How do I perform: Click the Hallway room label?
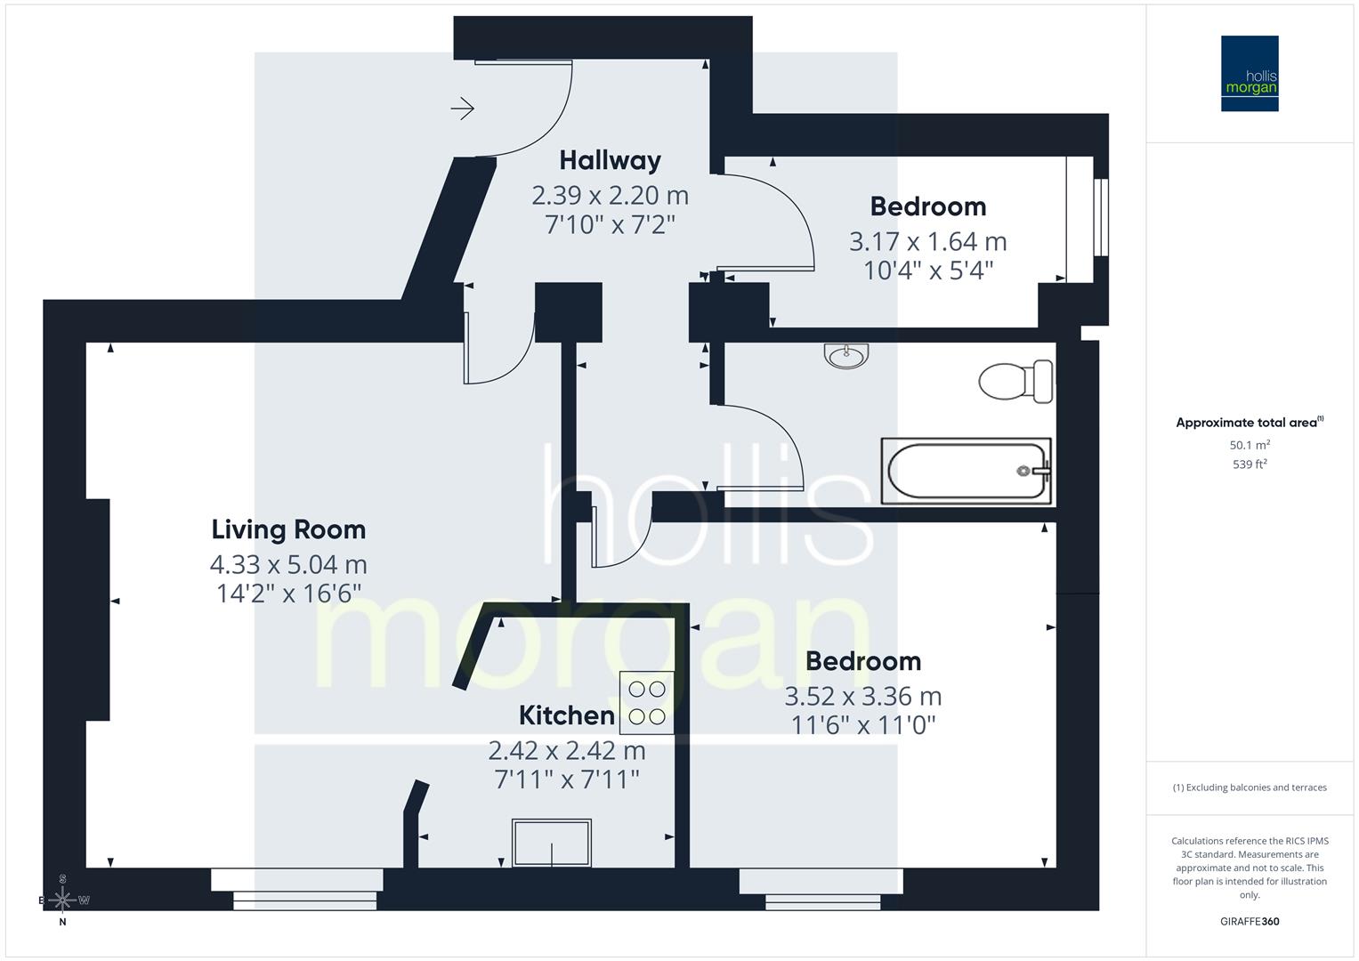[x=610, y=160]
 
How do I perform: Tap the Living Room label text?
[x=288, y=529]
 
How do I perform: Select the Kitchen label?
[x=566, y=715]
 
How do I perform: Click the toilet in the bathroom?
[x=1016, y=382]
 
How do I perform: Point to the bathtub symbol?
[x=966, y=471]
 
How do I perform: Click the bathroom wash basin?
[x=846, y=356]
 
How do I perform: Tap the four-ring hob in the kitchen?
[x=646, y=702]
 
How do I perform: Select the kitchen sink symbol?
[x=552, y=842]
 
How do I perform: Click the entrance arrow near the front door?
[x=462, y=109]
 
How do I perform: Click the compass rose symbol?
[x=62, y=900]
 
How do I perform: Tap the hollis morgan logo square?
[x=1249, y=73]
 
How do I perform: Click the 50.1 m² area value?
[x=1249, y=445]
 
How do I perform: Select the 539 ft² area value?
[x=1249, y=464]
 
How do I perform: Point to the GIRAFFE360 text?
[x=1249, y=922]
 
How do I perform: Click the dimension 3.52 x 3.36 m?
[x=862, y=696]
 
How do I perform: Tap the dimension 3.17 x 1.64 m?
[x=927, y=241]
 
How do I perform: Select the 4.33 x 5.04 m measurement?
[x=288, y=564]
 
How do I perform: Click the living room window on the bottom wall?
[x=297, y=888]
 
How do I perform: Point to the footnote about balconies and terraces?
[x=1249, y=787]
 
